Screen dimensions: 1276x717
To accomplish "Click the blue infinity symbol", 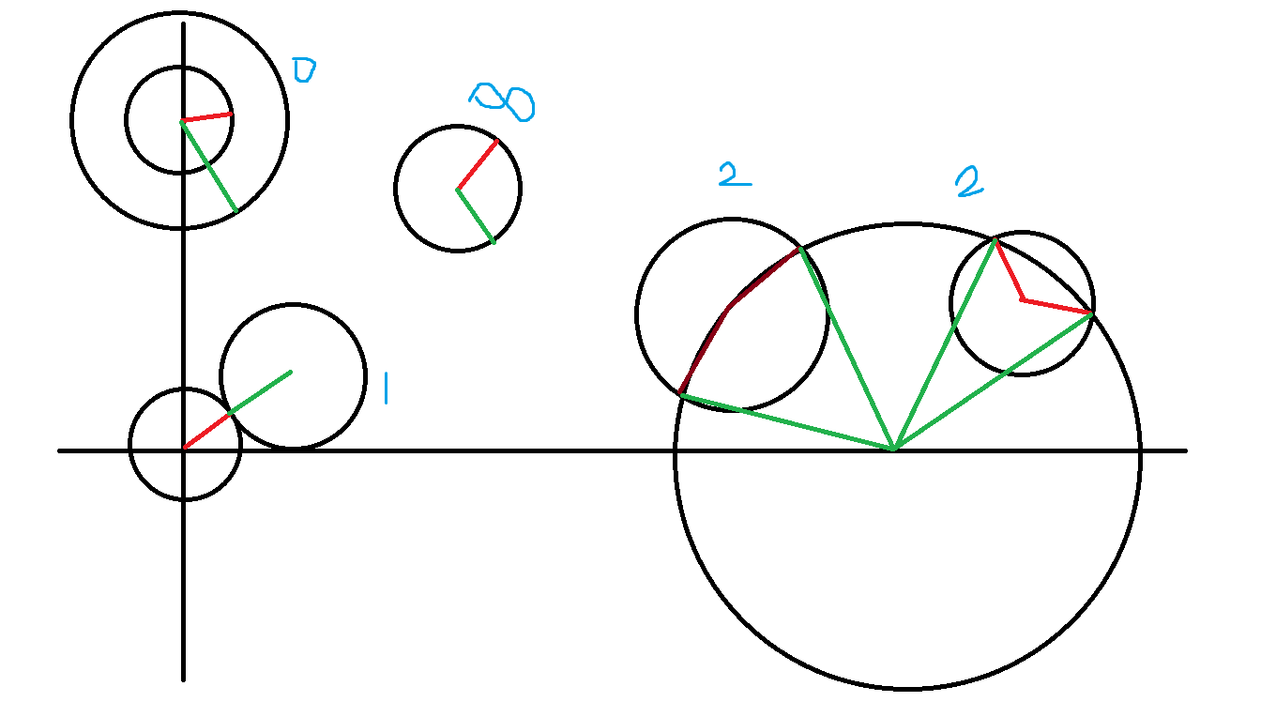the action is point(503,100).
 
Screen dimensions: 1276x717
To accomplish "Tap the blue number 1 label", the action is point(386,388).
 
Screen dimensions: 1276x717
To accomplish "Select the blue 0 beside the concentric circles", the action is point(303,70).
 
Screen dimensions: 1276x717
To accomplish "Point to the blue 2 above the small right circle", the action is point(970,182).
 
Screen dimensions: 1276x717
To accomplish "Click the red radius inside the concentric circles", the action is point(206,117).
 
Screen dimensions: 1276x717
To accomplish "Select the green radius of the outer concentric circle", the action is point(208,165).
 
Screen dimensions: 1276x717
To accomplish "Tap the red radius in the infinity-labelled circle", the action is point(478,164).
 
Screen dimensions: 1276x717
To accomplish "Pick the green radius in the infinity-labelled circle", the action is point(476,216).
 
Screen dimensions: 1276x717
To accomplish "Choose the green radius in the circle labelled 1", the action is point(261,392).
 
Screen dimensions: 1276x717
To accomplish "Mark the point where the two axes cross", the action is point(183,450).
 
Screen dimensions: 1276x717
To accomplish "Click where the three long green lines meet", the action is point(894,450).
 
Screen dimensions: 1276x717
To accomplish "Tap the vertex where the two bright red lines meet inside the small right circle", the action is point(1023,300).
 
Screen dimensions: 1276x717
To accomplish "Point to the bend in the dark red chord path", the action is point(730,307).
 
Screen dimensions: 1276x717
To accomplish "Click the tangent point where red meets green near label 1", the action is point(231,413).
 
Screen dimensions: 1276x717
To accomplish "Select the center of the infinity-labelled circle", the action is point(457,190).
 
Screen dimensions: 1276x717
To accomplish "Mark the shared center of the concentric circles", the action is point(182,121).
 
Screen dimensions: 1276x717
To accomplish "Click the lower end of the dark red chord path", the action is point(681,395).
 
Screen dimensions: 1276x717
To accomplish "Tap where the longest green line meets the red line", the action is point(1091,313).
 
